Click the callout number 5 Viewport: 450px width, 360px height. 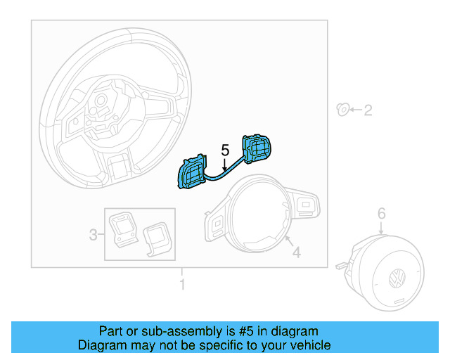coord(225,150)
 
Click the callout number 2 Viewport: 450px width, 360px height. coord(367,110)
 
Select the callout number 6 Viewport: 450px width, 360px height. coord(381,212)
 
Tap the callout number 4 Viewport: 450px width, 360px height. coord(296,252)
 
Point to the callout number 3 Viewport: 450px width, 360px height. coord(93,235)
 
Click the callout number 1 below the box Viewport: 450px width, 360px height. coord(181,285)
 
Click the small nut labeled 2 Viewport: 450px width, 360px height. coord(343,109)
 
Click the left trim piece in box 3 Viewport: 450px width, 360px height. coord(125,229)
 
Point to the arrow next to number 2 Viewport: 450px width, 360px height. coord(355,110)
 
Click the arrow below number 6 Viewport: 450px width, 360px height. coord(381,227)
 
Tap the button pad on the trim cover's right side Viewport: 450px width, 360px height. coord(307,205)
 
